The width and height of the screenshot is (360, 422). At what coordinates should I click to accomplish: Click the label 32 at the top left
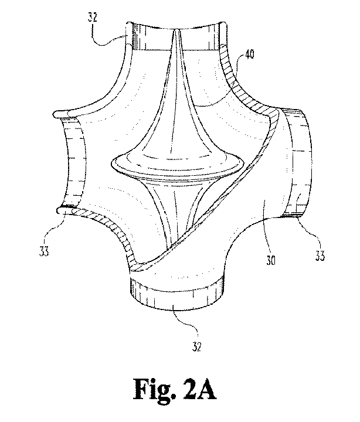coord(92,17)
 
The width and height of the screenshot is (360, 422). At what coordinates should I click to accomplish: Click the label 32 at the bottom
coord(197,346)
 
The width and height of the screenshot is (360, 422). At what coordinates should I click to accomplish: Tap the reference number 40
coord(249,54)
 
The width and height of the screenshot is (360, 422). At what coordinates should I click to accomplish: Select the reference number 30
coord(271,260)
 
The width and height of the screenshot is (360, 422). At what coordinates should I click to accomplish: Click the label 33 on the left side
coord(44,251)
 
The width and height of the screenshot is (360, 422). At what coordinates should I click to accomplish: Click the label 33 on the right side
coord(320,256)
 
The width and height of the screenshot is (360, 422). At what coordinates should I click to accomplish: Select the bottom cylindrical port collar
coord(176,295)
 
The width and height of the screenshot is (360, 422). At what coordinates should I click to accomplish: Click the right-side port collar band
coord(298,162)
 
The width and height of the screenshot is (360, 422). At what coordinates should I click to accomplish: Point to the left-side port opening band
coord(73,162)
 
